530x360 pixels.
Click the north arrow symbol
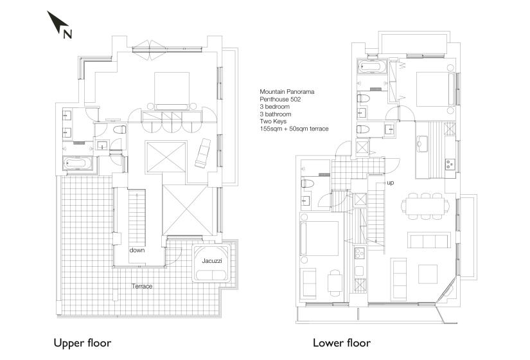(x=57, y=22)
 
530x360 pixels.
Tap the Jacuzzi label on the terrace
(x=212, y=261)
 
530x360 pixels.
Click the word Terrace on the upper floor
(x=142, y=286)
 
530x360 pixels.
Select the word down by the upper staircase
(x=137, y=250)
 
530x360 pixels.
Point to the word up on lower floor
(x=391, y=183)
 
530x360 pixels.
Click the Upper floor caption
(x=82, y=343)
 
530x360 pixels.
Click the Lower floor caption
(x=342, y=343)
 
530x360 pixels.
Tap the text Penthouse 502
(x=280, y=99)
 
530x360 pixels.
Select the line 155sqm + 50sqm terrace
(x=294, y=129)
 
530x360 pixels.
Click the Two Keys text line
(x=273, y=122)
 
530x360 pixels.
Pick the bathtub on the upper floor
(x=77, y=163)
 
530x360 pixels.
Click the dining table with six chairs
(x=425, y=206)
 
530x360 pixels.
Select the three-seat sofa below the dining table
(x=429, y=240)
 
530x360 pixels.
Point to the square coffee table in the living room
(x=428, y=274)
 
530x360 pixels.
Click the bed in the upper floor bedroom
(x=172, y=91)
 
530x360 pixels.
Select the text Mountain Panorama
(x=287, y=92)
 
